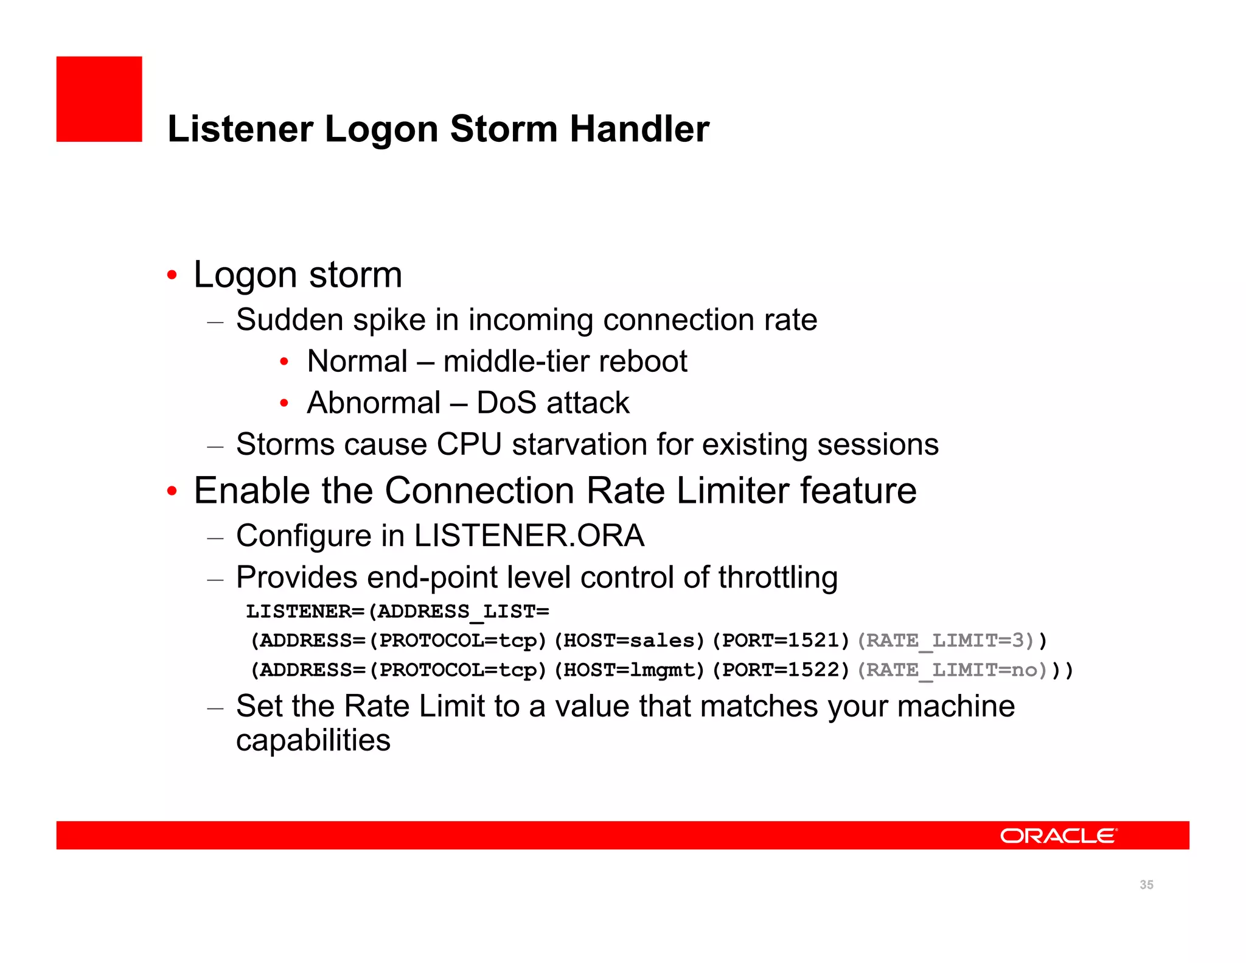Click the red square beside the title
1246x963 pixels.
pos(99,99)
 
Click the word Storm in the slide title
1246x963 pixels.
pos(503,129)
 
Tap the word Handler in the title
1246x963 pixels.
pos(639,129)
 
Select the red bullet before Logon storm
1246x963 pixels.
pos(172,275)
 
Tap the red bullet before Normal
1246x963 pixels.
pos(284,362)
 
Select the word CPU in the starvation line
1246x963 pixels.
pos(469,444)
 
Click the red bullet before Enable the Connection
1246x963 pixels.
pos(172,491)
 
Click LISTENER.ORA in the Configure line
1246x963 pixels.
pos(529,536)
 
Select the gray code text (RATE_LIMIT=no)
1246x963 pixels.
pos(952,670)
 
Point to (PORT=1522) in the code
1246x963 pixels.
pos(781,670)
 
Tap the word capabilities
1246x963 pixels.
pos(313,741)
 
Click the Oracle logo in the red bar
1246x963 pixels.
pos(1058,836)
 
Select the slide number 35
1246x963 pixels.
pos(1146,884)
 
